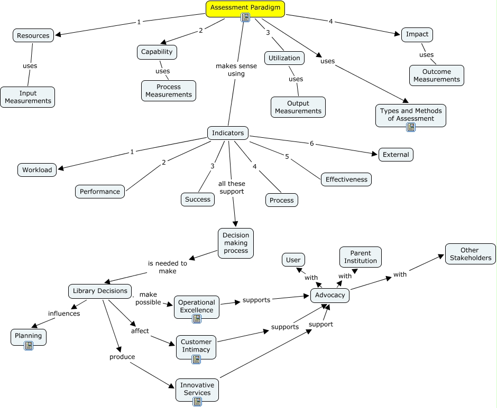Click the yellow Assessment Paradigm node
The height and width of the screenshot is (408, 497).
[245, 8]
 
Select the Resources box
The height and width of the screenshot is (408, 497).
[33, 35]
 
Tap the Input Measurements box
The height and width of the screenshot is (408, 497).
[27, 97]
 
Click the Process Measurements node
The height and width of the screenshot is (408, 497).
[169, 91]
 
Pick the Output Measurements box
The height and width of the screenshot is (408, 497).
[298, 107]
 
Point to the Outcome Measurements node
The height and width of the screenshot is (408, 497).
[436, 75]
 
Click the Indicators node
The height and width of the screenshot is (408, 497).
[228, 133]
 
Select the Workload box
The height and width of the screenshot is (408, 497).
[37, 169]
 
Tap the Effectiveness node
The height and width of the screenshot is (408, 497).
[346, 179]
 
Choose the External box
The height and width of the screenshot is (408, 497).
[396, 155]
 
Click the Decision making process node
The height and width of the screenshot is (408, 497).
[236, 243]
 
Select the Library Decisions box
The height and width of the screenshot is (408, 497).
[100, 291]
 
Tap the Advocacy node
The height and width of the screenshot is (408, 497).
[330, 296]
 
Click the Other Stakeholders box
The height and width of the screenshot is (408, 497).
[470, 254]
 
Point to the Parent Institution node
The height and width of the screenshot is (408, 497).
[361, 257]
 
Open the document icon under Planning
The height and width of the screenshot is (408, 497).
[29, 346]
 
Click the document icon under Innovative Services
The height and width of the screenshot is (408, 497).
[197, 402]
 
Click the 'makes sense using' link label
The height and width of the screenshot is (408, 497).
[236, 70]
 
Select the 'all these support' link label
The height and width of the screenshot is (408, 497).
[232, 187]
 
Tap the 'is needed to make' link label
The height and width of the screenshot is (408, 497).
[167, 267]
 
